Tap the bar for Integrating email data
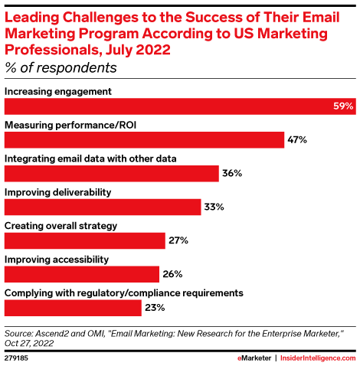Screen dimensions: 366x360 pos(112,174)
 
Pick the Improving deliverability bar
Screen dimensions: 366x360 pos(103,208)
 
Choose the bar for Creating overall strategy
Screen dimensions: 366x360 pos(85,240)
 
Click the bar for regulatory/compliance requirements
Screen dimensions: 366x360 pos(73,308)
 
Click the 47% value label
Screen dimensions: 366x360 pos(297,140)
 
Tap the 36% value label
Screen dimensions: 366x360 pos(232,174)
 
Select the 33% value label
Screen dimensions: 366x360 pos(214,208)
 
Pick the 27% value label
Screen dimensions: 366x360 pos(178,240)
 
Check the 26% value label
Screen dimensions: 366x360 pos(172,274)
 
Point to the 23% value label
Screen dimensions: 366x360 pos(155,308)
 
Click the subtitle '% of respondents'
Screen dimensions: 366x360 pos(61,68)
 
